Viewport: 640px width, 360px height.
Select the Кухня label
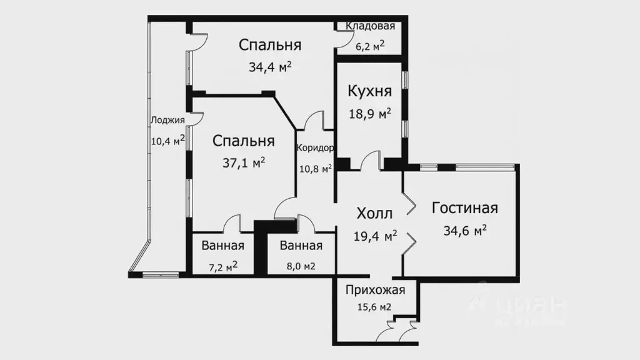click(369, 92)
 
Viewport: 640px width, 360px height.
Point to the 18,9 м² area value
click(369, 114)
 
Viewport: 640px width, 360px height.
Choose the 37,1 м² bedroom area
click(244, 162)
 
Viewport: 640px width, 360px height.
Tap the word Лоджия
click(167, 121)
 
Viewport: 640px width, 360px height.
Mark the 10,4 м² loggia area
click(167, 141)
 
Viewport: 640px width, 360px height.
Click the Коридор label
click(315, 149)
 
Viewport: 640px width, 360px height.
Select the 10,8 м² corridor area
click(315, 168)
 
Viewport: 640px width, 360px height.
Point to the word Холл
click(374, 214)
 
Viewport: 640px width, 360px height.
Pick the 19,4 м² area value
click(374, 236)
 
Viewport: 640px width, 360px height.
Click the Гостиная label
click(465, 208)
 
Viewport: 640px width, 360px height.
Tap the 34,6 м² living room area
click(465, 231)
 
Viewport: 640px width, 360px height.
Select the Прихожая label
click(376, 290)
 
